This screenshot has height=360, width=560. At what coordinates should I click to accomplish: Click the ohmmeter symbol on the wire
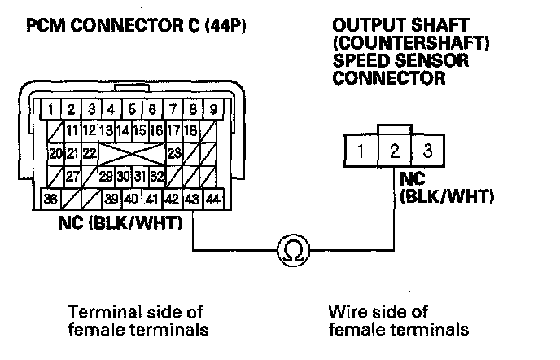click(291, 251)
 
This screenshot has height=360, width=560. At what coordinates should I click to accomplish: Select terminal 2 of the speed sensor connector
click(395, 151)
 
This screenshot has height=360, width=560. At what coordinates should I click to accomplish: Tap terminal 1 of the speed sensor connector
click(359, 151)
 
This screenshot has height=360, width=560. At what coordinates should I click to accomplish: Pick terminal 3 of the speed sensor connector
click(428, 151)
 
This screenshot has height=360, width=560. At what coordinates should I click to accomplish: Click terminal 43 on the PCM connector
click(192, 198)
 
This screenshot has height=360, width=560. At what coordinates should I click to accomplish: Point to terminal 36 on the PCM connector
click(50, 198)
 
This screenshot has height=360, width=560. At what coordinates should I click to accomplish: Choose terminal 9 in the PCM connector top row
click(213, 108)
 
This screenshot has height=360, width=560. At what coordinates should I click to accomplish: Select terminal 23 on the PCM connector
click(173, 153)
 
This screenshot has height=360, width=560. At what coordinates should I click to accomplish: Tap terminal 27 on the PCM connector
click(72, 176)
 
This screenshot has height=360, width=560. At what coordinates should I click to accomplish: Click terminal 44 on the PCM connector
click(213, 198)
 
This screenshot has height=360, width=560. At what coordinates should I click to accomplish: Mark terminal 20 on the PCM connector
click(55, 153)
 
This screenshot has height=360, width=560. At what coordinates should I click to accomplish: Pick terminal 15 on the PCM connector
click(139, 130)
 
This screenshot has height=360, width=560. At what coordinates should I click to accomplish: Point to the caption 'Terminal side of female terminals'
click(135, 321)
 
